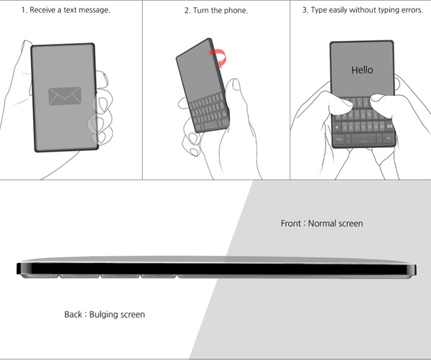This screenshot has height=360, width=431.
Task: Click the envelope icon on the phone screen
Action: [x=65, y=96]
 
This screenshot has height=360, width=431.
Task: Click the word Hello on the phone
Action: [x=362, y=70]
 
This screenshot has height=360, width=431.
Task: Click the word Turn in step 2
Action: [x=201, y=11]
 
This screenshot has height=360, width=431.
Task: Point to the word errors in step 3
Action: [x=412, y=10]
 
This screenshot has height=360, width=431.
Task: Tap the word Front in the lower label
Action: [x=291, y=223]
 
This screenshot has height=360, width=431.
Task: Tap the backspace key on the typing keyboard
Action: [x=389, y=126]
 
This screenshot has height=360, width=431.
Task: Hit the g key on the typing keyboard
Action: [x=363, y=114]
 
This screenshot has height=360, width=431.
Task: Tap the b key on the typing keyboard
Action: [x=370, y=126]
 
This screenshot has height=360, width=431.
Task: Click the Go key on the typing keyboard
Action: [x=389, y=139]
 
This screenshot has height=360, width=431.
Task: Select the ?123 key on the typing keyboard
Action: [x=338, y=139]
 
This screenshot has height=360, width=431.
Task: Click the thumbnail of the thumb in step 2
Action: [x=236, y=84]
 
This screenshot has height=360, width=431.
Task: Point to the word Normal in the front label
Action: [x=321, y=223]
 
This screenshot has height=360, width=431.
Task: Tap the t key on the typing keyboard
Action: [x=359, y=103]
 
